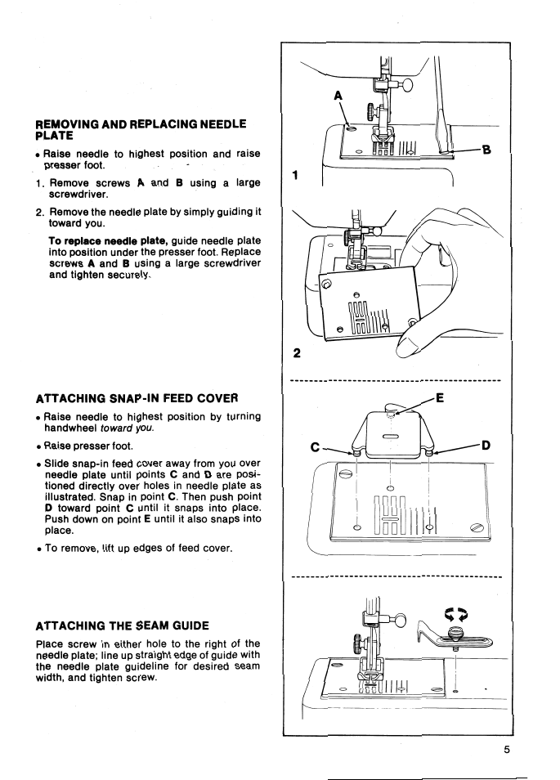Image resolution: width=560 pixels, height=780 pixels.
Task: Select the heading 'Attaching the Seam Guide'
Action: pos(123,625)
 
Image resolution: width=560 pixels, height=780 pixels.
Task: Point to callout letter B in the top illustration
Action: pos(486,149)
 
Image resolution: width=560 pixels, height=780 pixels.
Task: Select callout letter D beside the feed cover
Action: pos(486,446)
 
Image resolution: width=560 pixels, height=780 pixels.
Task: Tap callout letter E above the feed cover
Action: pos(440,400)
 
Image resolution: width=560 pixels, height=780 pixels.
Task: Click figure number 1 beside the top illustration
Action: pos(296,175)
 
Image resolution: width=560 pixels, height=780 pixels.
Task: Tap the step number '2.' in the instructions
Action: pos(39,211)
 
